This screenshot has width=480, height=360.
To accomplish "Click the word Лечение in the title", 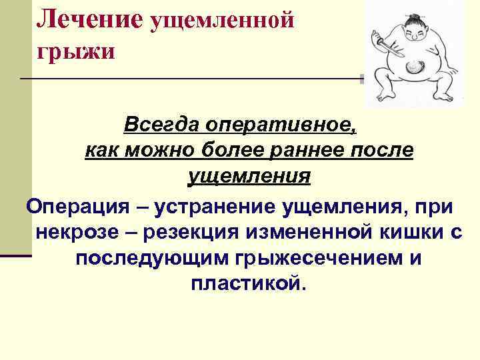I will pos(89,18).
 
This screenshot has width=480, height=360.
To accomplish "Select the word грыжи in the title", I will pos(75,51).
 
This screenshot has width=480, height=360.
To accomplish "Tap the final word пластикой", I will pos(249,285).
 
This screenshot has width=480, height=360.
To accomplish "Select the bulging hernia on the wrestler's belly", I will pos(414,67).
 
